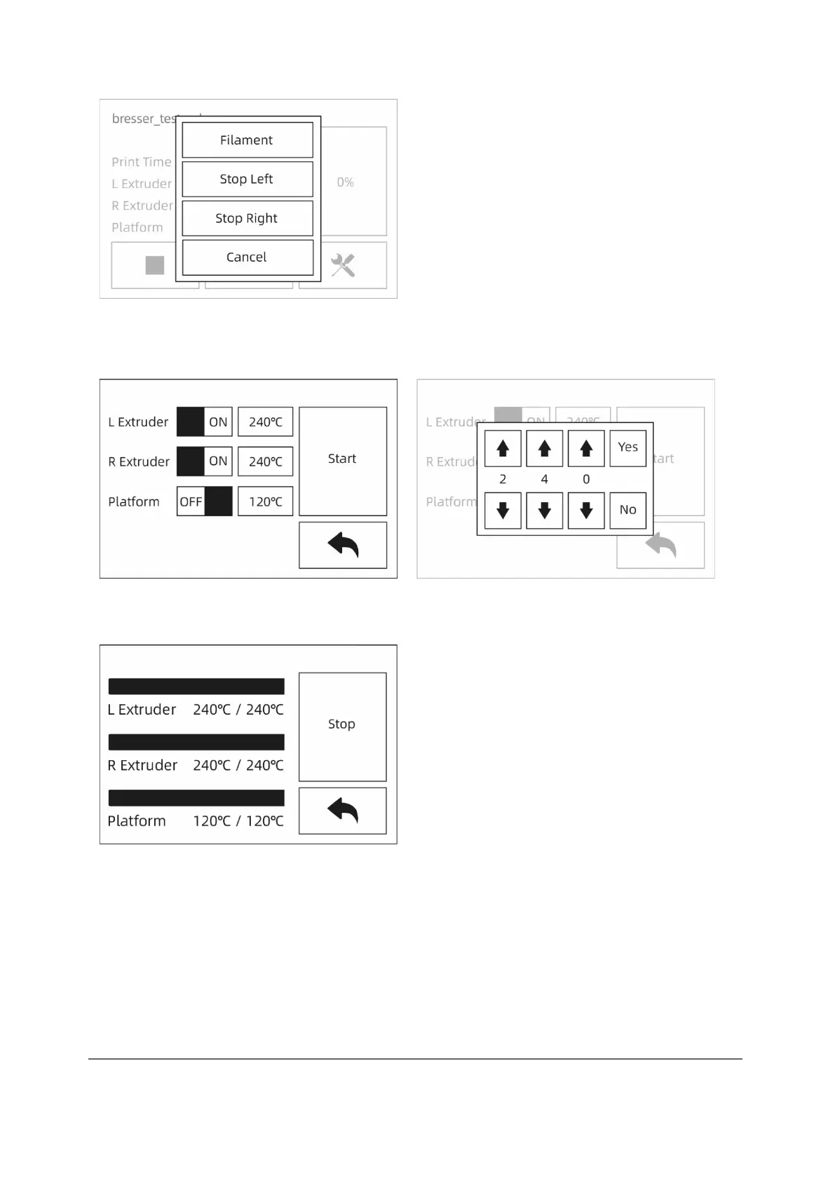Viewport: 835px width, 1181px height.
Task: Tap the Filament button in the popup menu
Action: (x=247, y=140)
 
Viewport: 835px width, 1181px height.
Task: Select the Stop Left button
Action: (x=247, y=180)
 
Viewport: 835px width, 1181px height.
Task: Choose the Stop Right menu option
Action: (x=247, y=218)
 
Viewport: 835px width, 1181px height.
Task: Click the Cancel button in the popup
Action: (x=247, y=257)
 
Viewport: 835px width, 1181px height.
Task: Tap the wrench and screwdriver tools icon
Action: (x=343, y=265)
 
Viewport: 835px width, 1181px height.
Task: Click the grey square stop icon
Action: (x=155, y=265)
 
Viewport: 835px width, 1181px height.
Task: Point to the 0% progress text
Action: (x=345, y=182)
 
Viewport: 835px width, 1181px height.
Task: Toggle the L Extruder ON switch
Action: (x=204, y=422)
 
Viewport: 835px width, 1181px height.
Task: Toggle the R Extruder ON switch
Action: (x=204, y=461)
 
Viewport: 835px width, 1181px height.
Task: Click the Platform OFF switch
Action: (x=204, y=501)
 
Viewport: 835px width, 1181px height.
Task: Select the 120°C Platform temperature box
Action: (x=265, y=501)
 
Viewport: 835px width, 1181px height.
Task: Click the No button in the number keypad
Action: (x=627, y=510)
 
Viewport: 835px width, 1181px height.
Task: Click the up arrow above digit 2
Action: (x=503, y=448)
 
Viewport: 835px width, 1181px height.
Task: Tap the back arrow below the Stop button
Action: (x=342, y=811)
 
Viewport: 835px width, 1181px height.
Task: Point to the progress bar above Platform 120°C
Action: (x=196, y=798)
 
